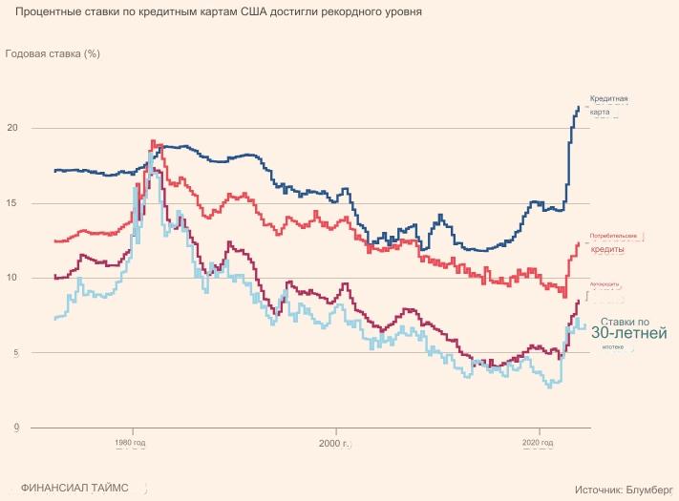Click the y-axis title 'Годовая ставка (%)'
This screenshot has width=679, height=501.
coord(53,53)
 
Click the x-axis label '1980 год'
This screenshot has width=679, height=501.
coord(130,444)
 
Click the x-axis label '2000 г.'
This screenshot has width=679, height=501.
coord(334,444)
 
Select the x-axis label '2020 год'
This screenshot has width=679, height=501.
coord(538,444)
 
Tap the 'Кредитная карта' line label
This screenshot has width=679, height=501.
coord(608,105)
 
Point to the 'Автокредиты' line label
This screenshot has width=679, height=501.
coord(605,284)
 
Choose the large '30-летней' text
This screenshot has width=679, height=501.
coord(627,334)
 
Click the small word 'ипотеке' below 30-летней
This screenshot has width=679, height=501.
coord(612,347)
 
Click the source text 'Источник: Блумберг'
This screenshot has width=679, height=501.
coord(624,489)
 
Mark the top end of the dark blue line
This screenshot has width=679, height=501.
coord(578,107)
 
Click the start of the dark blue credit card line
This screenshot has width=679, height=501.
coord(55,170)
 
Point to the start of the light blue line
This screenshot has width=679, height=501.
coord(55,318)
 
